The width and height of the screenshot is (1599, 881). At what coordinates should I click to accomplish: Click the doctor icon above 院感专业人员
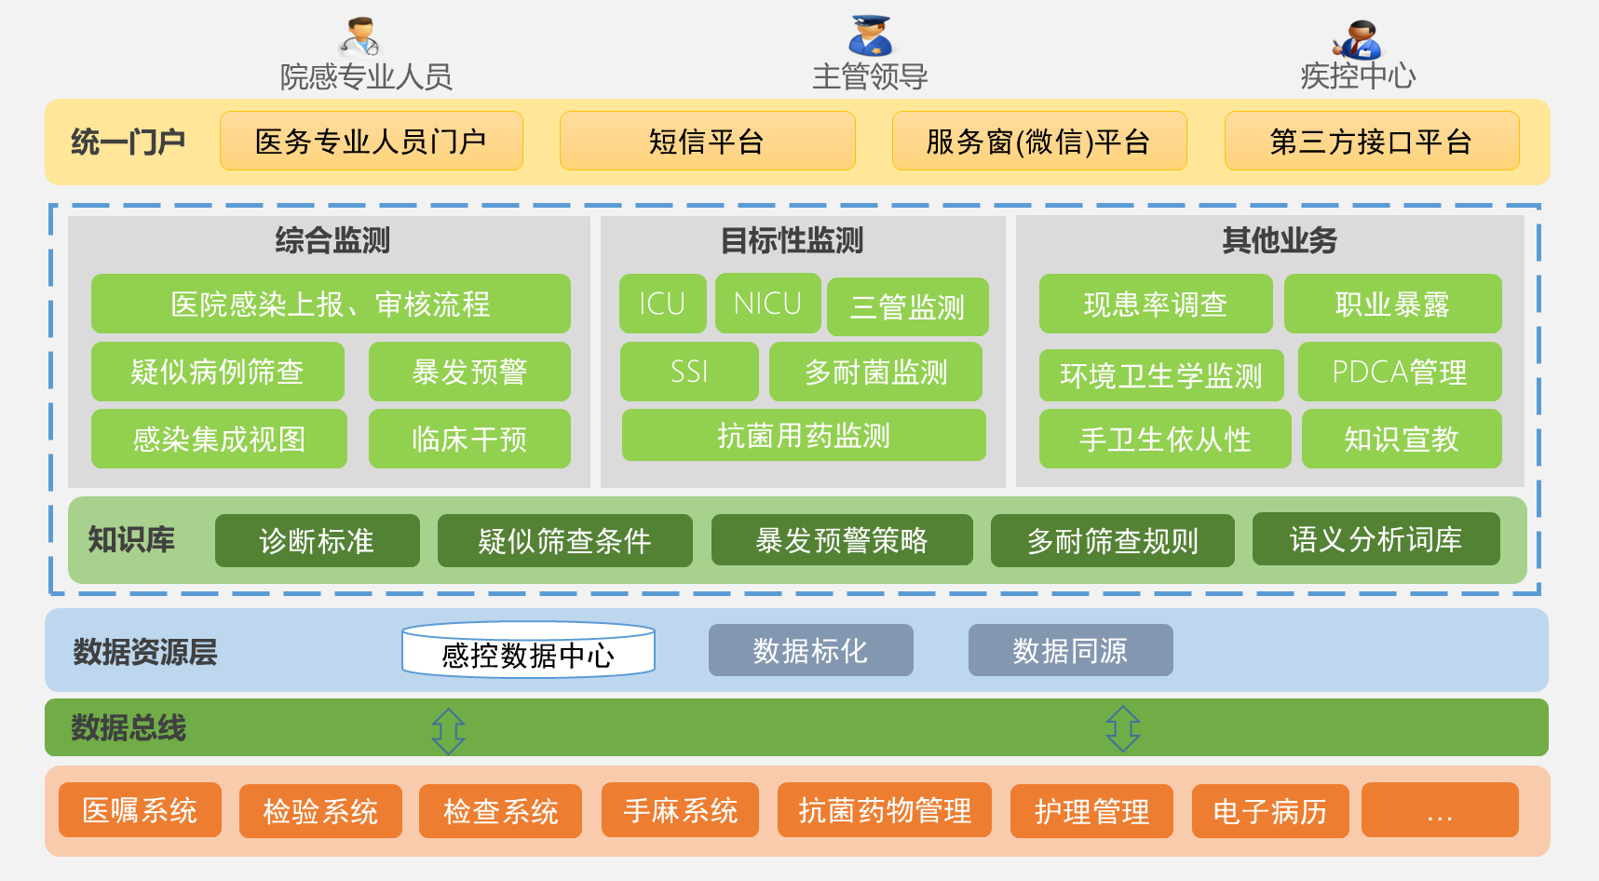click(359, 37)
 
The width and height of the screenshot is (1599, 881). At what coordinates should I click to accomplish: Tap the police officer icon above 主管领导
click(871, 36)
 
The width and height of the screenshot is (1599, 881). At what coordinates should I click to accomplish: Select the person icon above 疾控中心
click(1359, 40)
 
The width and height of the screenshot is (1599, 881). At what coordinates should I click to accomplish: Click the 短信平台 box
click(707, 142)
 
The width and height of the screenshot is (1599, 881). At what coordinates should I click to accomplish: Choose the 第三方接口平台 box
click(1371, 142)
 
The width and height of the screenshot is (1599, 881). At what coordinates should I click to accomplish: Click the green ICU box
click(662, 304)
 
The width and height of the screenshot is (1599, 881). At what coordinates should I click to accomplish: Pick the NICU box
click(767, 304)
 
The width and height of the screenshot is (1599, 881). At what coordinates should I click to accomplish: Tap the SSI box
click(689, 372)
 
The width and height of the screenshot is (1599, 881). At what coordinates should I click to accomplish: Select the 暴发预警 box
click(469, 372)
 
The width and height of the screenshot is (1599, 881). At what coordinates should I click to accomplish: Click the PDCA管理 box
click(1399, 372)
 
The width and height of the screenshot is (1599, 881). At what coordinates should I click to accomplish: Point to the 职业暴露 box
click(1392, 304)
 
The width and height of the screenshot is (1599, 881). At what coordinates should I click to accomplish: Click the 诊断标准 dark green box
click(317, 541)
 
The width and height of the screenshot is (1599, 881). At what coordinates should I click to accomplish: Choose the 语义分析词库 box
click(1375, 539)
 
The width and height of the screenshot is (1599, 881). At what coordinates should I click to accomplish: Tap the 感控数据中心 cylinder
click(528, 651)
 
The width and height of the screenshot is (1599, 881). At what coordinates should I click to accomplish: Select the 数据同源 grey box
click(1070, 650)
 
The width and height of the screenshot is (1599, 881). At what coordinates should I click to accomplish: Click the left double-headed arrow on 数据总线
click(448, 730)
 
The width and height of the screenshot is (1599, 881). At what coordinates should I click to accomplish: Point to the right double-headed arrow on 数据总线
click(1122, 728)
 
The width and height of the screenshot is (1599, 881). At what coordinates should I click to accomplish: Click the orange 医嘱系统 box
click(140, 810)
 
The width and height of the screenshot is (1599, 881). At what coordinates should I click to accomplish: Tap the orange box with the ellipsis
click(1439, 810)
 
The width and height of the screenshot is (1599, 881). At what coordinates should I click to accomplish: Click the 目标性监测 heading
click(793, 240)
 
